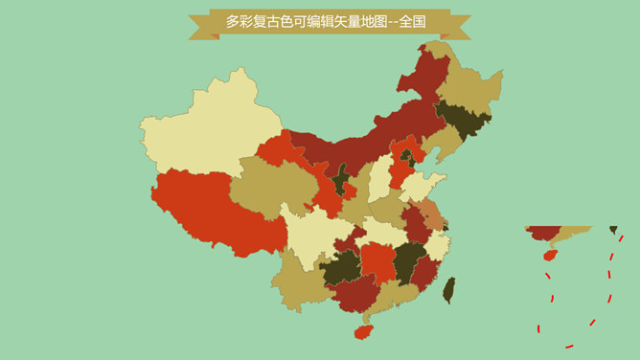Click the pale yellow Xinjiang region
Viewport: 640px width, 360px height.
click(x=206, y=129)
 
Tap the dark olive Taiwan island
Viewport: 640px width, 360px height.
click(x=448, y=289)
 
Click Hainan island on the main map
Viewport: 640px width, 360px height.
click(x=363, y=331)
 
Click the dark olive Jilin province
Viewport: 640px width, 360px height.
click(x=462, y=120)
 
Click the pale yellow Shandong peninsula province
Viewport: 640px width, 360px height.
click(x=422, y=187)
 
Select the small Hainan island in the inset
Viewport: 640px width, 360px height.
click(x=549, y=256)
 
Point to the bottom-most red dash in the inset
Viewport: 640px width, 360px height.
click(x=568, y=345)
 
